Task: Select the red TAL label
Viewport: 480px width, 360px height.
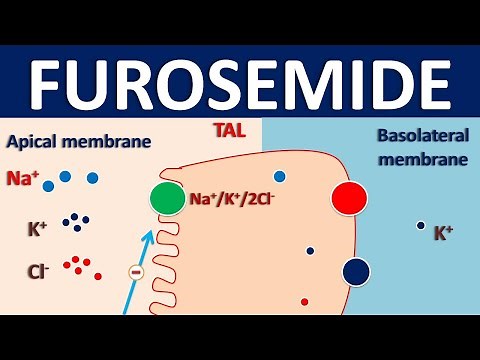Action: pos(226,130)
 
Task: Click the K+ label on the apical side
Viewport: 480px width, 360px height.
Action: pos(37,228)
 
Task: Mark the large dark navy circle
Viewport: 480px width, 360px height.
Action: pos(356,270)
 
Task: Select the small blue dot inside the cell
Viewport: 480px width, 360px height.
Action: pos(280,177)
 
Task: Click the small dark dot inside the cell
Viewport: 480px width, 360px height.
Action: pos(310,251)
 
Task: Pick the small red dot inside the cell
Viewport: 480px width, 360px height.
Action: pos(304,301)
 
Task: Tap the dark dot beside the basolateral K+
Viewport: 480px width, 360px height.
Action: pos(420,226)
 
